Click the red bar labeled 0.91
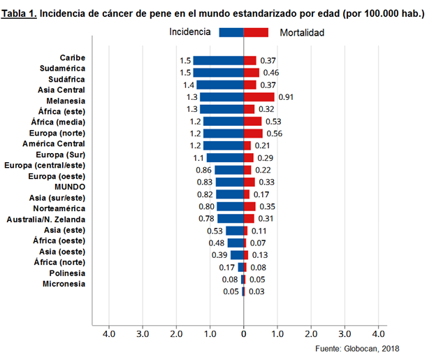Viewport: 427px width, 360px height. [x=259, y=97]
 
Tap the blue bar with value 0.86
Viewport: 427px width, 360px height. [x=229, y=170]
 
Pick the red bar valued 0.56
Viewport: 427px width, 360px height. [x=253, y=134]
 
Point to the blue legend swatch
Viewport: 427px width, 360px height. [x=231, y=32]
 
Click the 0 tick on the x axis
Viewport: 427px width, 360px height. [x=243, y=335]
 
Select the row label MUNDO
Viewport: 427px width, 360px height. [x=70, y=187]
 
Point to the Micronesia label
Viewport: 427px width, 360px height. [x=64, y=284]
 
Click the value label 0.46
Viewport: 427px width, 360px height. [x=270, y=73]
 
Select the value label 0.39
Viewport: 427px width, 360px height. [x=221, y=255]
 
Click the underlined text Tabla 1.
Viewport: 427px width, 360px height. [x=20, y=13]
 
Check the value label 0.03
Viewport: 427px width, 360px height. [x=257, y=291]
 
